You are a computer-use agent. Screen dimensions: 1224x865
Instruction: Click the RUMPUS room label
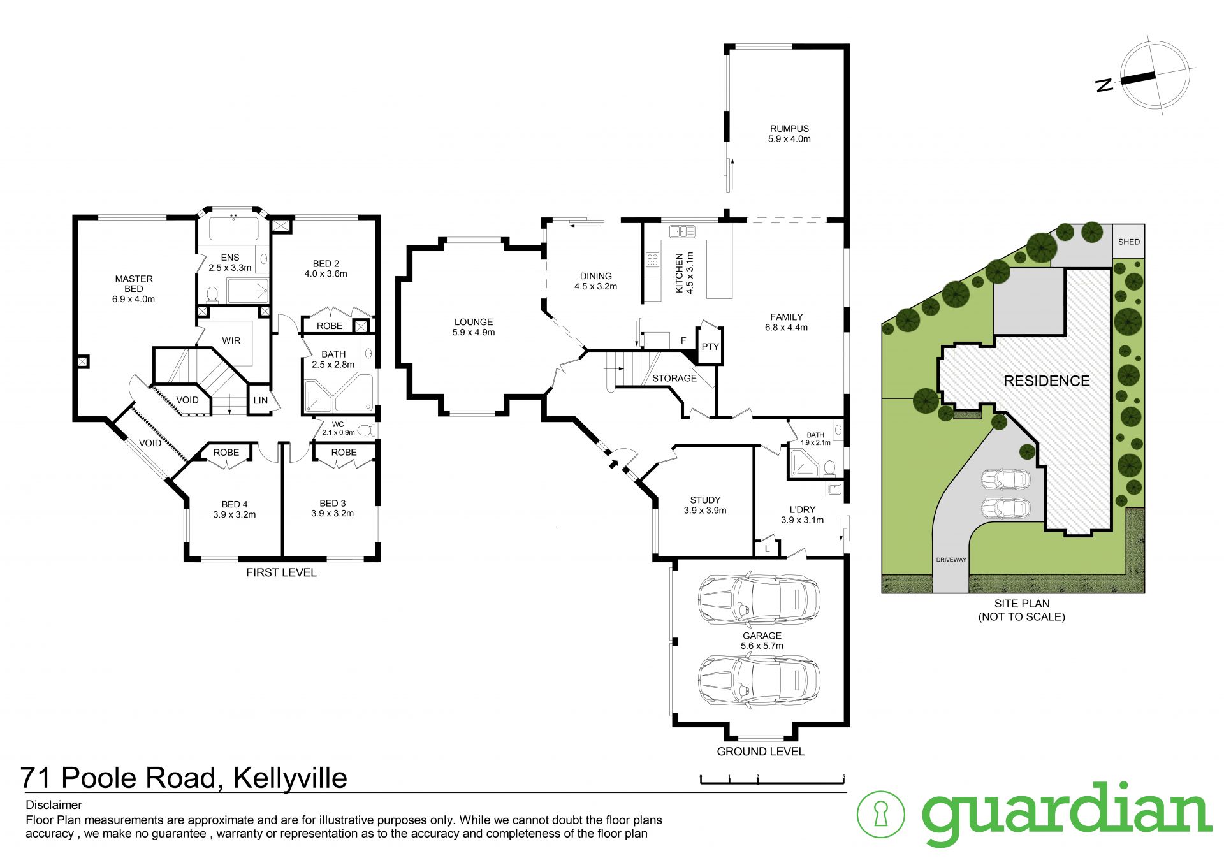tap(789, 129)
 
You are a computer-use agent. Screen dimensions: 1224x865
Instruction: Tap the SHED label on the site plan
tap(1128, 242)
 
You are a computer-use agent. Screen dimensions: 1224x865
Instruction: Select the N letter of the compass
tap(1104, 85)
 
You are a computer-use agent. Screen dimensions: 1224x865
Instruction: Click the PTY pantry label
tap(710, 347)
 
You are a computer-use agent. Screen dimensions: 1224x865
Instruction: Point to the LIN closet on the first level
tap(261, 400)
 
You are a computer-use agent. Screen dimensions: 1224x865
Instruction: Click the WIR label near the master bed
tap(231, 341)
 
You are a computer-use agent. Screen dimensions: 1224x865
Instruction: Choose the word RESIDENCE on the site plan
tap(1047, 381)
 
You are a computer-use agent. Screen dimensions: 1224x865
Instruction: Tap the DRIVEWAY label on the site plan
tap(951, 560)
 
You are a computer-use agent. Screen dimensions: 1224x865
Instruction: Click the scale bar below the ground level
tap(772, 779)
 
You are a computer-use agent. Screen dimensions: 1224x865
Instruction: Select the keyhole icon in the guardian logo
tap(881, 814)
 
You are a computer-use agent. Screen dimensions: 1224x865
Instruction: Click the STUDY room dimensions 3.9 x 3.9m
tap(705, 511)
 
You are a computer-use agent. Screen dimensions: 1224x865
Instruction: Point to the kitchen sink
tap(682, 231)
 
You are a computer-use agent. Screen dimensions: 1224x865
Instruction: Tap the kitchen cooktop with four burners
tap(652, 259)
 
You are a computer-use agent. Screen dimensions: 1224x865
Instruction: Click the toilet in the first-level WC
tap(365, 430)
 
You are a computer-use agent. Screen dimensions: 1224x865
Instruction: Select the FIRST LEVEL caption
tap(281, 572)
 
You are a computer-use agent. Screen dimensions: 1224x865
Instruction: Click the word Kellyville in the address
tap(290, 778)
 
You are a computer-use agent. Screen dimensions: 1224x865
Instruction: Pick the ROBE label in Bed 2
tap(330, 326)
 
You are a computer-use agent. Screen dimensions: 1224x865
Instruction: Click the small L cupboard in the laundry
tap(768, 548)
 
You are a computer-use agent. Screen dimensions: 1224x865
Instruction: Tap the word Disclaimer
tap(54, 805)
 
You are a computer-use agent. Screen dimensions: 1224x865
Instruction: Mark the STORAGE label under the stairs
tap(674, 379)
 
